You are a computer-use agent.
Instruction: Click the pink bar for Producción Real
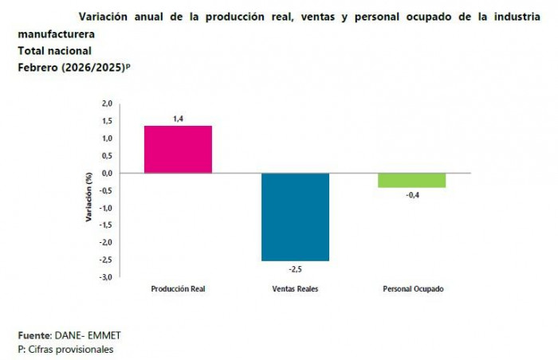click(178, 149)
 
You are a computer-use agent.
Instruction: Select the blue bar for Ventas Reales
click(295, 217)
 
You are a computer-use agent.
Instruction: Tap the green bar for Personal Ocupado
click(412, 180)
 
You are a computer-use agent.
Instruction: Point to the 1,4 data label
click(178, 119)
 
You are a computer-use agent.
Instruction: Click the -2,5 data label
click(295, 269)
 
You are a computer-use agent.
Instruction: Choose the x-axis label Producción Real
click(178, 289)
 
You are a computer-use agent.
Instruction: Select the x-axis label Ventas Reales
click(295, 289)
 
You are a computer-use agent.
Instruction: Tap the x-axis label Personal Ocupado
click(412, 289)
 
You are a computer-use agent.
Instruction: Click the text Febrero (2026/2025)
click(70, 67)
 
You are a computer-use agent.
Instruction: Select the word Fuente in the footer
click(34, 336)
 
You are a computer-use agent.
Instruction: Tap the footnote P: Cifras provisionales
click(65, 349)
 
